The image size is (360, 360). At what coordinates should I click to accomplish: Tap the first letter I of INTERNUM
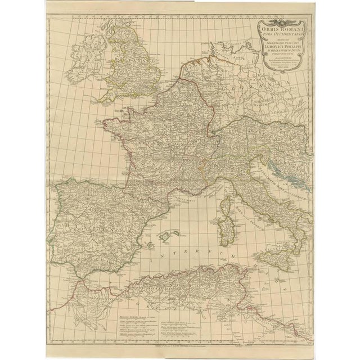point(154,260)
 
